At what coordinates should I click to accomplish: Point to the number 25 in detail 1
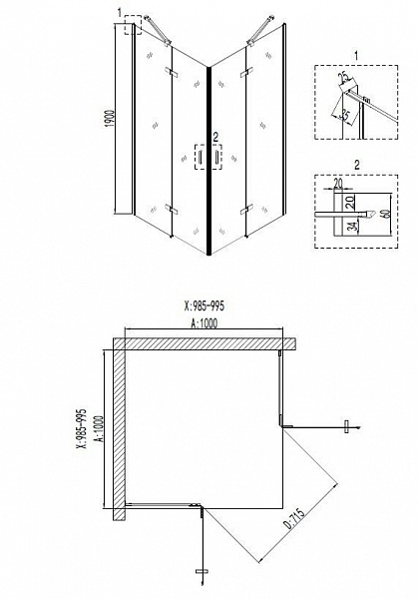pyautogui.click(x=342, y=77)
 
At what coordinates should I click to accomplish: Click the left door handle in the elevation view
pyautogui.click(x=199, y=158)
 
